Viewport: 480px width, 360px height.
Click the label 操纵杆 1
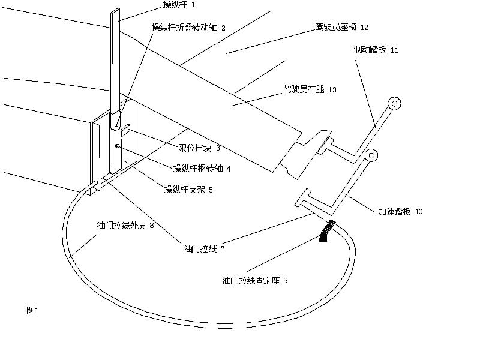click(x=179, y=5)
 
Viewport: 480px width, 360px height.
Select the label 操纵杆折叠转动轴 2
click(x=188, y=28)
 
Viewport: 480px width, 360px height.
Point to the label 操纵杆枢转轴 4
click(x=202, y=169)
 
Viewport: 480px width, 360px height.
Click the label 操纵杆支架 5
click(x=188, y=190)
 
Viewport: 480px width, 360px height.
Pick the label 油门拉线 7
click(x=204, y=247)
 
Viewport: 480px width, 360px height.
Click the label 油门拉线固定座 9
click(x=255, y=280)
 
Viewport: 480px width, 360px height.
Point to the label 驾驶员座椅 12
click(x=342, y=27)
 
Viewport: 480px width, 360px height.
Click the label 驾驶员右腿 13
click(x=310, y=89)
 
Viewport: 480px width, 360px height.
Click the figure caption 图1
click(x=32, y=310)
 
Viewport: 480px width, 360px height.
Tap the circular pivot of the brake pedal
click(x=395, y=103)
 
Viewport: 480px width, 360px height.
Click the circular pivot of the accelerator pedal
click(x=371, y=156)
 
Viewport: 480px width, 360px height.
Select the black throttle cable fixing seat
click(x=327, y=230)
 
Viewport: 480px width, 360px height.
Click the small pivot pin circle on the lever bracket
click(x=118, y=146)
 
